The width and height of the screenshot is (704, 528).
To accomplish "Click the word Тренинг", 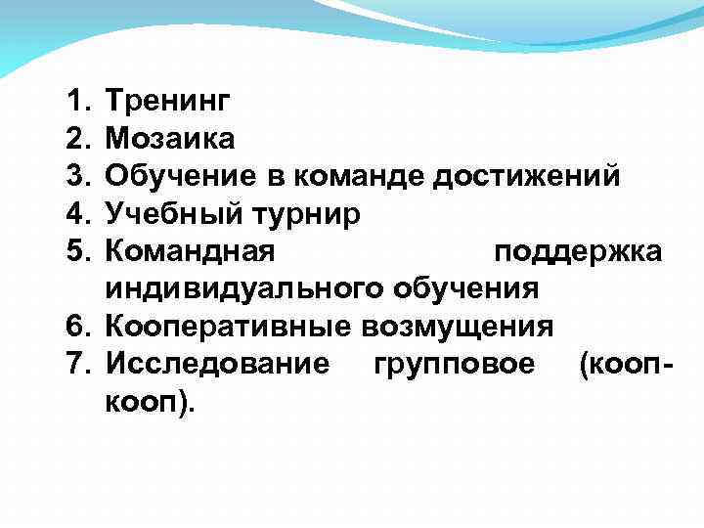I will click(x=168, y=101).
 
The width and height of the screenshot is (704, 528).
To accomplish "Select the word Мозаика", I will click(x=170, y=138).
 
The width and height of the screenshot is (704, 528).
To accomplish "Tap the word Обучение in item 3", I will click(x=175, y=176).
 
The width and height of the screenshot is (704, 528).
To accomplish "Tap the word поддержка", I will click(x=579, y=251).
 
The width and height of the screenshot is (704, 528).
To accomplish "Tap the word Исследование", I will click(x=218, y=364).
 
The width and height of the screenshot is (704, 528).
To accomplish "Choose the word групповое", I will click(x=455, y=364).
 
